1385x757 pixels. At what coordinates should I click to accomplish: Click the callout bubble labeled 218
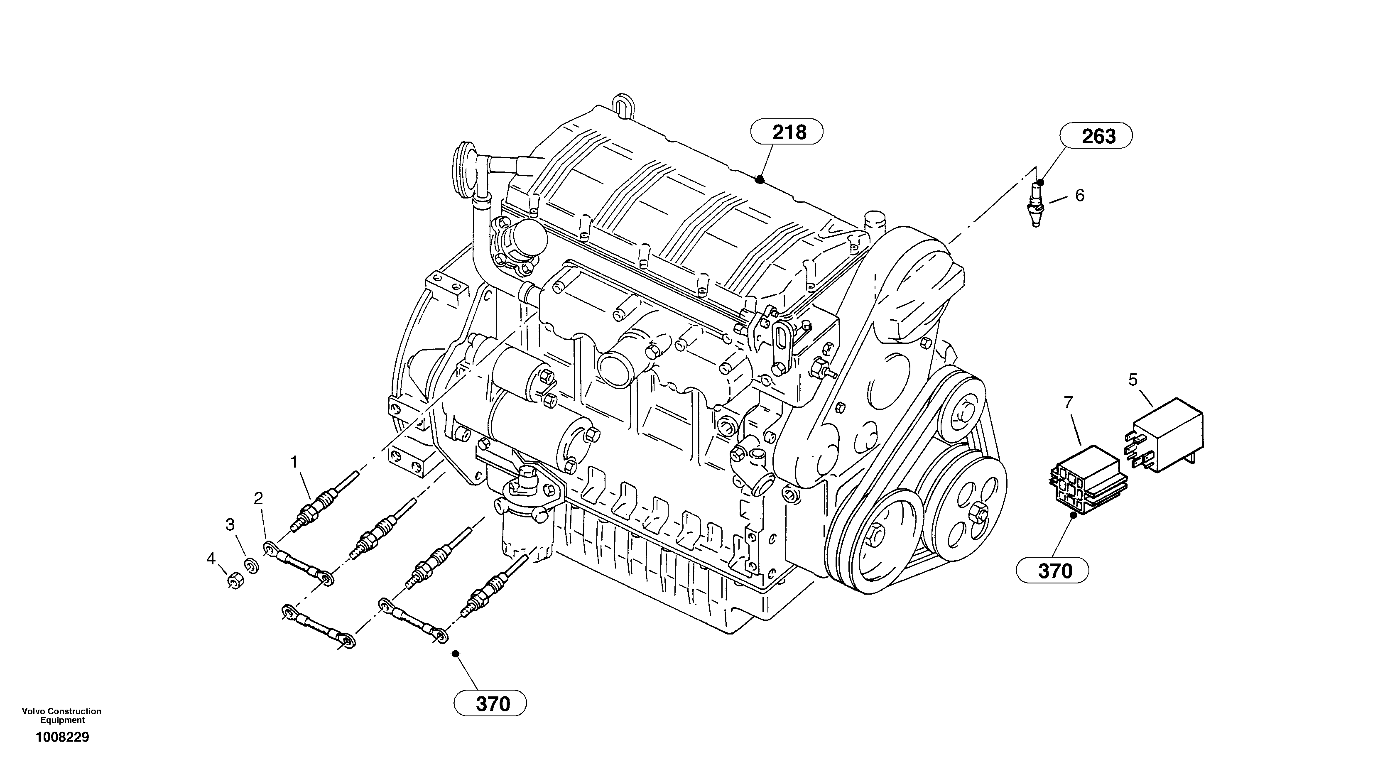click(787, 132)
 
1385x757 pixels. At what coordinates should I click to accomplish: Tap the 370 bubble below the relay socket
click(1052, 571)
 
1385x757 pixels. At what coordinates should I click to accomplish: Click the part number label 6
click(1080, 196)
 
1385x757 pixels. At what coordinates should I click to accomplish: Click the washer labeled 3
click(250, 566)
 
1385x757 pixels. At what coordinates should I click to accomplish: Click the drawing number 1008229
click(62, 737)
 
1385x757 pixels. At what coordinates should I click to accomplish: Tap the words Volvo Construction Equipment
click(62, 715)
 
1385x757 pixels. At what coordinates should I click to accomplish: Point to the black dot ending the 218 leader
click(759, 179)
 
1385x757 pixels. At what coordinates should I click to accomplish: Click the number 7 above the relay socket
click(1068, 402)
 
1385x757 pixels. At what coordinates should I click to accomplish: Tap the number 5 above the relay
click(1133, 380)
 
